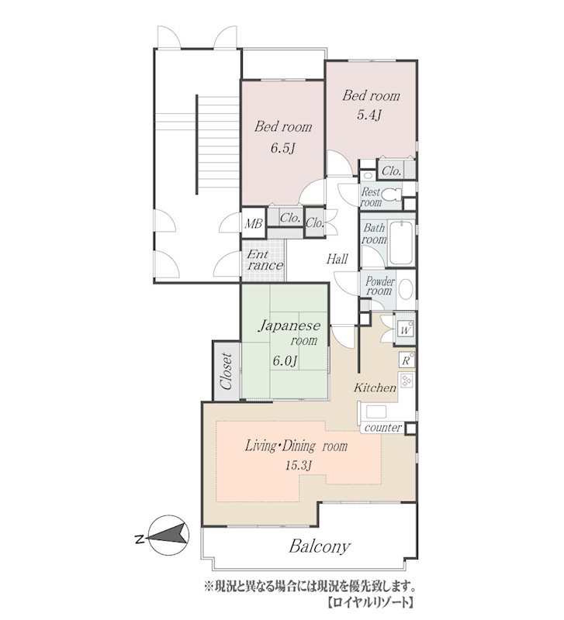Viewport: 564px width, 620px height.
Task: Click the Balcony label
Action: click(320, 547)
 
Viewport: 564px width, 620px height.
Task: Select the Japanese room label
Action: click(289, 333)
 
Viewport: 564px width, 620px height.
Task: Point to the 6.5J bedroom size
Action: click(282, 148)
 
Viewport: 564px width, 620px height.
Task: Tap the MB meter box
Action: click(254, 224)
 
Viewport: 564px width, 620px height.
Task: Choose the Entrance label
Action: click(265, 260)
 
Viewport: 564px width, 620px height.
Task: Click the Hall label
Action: click(337, 259)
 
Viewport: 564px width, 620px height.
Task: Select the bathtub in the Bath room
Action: click(401, 243)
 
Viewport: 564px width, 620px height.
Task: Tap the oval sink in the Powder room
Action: click(405, 289)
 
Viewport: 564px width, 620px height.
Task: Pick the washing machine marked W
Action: click(404, 330)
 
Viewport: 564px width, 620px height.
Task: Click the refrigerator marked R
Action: click(407, 360)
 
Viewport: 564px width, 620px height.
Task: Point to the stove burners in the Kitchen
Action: click(407, 381)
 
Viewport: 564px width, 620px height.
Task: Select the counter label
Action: click(383, 428)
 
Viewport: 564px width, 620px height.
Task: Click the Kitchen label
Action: click(375, 387)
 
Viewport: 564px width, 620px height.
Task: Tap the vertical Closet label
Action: click(227, 371)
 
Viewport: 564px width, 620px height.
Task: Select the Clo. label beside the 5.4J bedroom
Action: click(392, 171)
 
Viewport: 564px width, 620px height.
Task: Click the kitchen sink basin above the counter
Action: click(375, 412)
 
